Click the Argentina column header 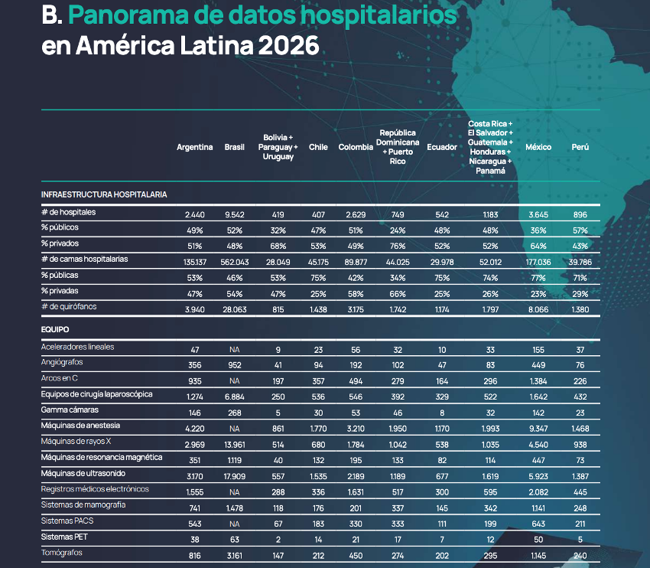click(194, 147)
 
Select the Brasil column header click(234, 147)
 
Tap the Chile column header click(318, 147)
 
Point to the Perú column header click(580, 147)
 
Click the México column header click(538, 147)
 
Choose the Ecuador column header click(442, 147)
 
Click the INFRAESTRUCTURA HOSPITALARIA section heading click(104, 194)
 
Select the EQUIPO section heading click(55, 329)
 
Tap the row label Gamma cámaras click(70, 410)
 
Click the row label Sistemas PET click(64, 537)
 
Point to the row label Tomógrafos click(62, 553)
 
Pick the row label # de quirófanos click(69, 307)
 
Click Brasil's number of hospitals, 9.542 click(235, 214)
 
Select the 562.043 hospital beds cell click(235, 263)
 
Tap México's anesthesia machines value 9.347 click(538, 429)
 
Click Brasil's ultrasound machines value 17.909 click(235, 476)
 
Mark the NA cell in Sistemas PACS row click(235, 524)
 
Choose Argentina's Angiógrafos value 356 click(195, 365)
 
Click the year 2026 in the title click(288, 45)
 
